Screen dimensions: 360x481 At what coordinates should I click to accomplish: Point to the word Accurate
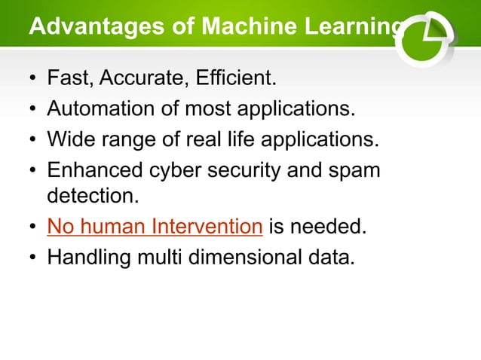tap(134, 78)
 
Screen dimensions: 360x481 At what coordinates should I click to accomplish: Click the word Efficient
tap(226, 78)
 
